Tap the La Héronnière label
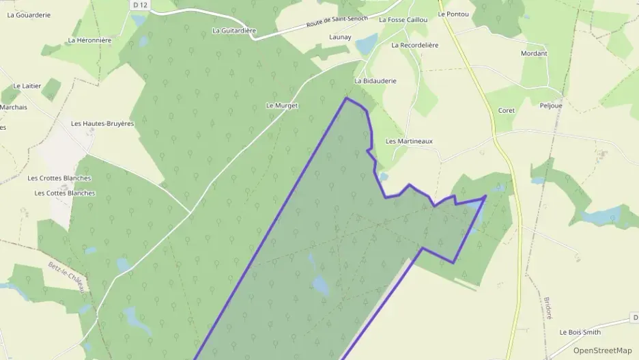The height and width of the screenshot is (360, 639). pos(89,40)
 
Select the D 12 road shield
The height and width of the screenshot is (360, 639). pos(141,5)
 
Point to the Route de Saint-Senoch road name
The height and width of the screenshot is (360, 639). pos(338,22)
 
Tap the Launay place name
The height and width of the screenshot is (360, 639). pos(340,37)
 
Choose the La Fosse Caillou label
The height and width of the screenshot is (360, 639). pos(403,20)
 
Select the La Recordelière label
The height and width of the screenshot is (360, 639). pos(415,45)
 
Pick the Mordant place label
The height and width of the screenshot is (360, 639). pos(534,53)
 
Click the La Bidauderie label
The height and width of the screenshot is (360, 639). pos(375,81)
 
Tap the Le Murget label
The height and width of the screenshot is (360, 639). pos(282,106)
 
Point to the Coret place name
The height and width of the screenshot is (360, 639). pos(506,110)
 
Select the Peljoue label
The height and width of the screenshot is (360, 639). pos(550,106)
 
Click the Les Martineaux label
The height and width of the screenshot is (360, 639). pos(409,141)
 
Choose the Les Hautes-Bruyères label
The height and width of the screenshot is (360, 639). pos(102,124)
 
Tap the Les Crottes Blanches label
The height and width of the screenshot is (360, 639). pos(59,178)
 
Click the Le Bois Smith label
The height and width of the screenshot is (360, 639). pos(580,332)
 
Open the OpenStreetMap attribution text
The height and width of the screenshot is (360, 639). pos(602,350)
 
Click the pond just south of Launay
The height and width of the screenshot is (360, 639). pos(366,44)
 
